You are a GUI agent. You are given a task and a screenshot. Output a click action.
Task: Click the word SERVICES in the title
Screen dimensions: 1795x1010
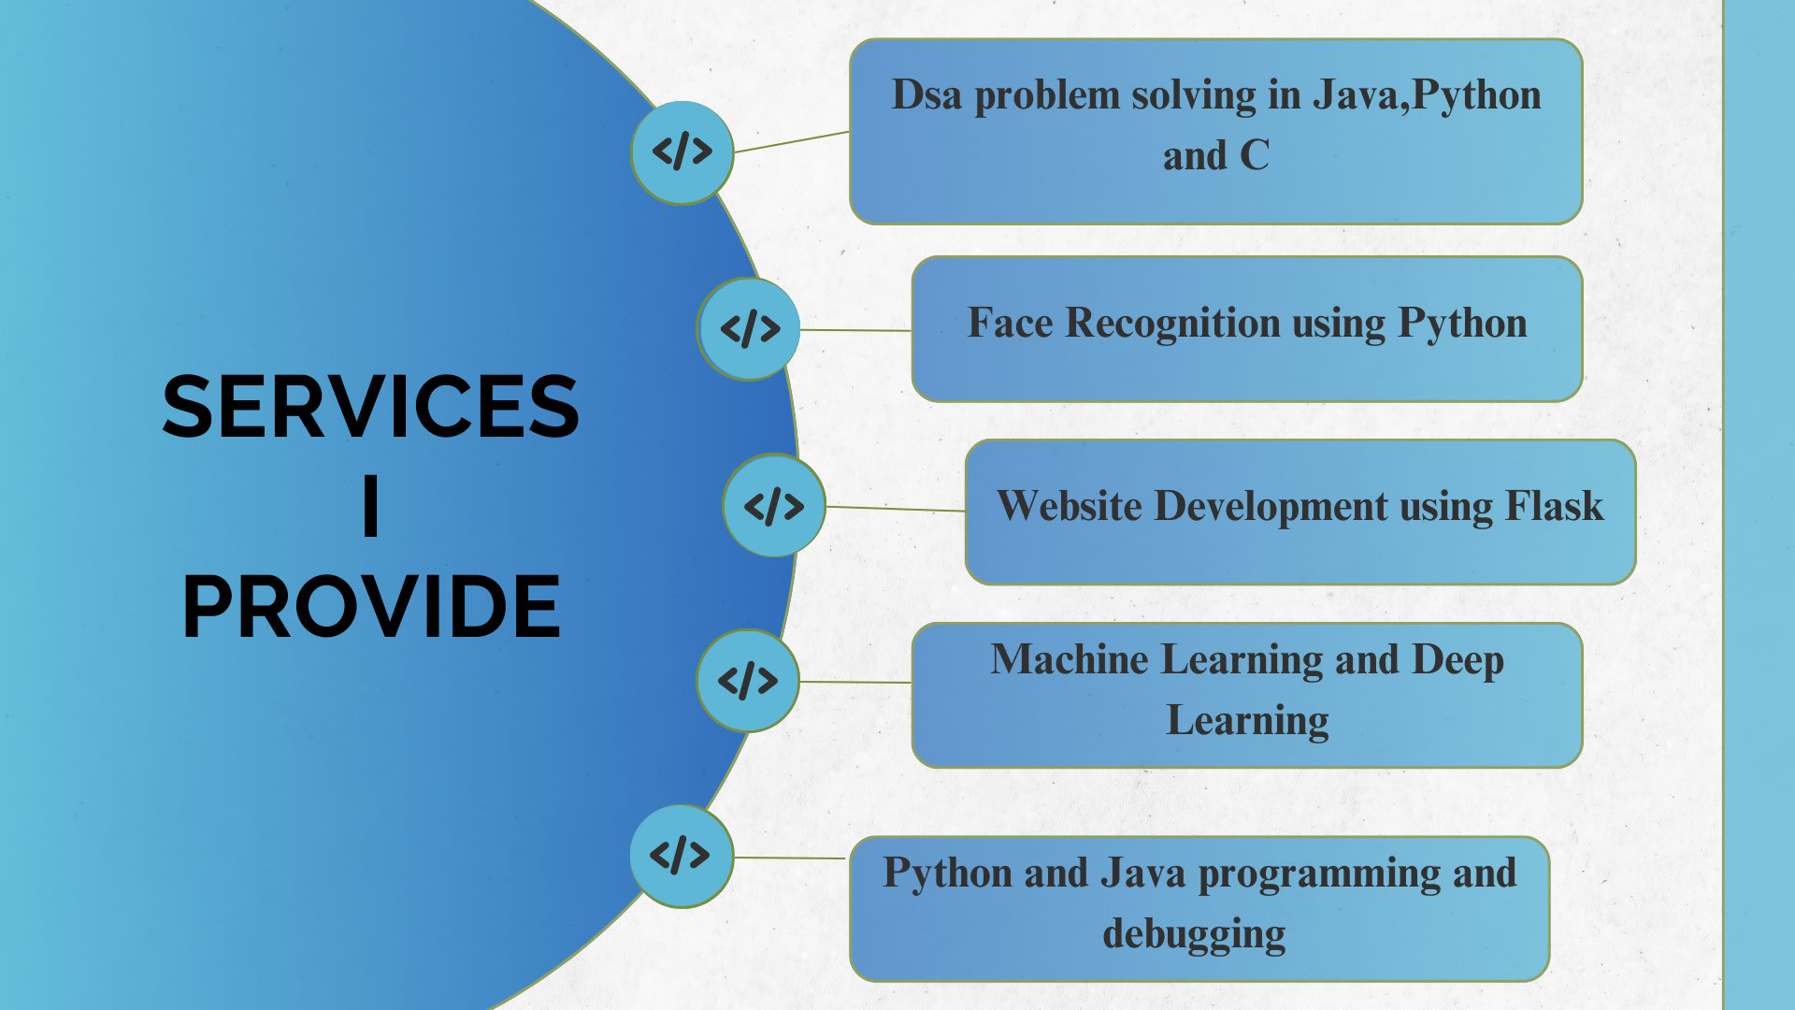click(371, 406)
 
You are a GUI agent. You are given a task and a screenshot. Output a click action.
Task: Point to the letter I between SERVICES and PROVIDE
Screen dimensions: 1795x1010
click(371, 505)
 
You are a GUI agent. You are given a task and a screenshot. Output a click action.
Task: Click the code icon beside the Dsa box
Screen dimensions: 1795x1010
click(682, 151)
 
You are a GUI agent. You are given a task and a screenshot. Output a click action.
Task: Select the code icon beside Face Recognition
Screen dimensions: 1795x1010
click(749, 328)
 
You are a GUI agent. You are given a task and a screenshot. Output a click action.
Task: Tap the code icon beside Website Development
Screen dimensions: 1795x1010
click(774, 505)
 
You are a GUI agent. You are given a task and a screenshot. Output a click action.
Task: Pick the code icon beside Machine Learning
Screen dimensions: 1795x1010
click(748, 680)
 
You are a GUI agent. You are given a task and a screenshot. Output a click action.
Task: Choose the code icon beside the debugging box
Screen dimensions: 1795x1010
click(681, 855)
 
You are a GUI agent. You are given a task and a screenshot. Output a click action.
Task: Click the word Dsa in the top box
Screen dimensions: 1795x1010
click(926, 95)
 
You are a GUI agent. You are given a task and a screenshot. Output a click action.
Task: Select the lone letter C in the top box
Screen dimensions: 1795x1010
click(1255, 155)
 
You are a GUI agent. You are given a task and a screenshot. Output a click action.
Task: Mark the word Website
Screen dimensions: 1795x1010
click(1070, 506)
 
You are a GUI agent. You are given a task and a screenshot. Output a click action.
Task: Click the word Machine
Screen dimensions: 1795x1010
click(1070, 659)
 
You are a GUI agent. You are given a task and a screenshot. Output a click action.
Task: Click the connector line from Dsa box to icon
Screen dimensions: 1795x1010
click(792, 141)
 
